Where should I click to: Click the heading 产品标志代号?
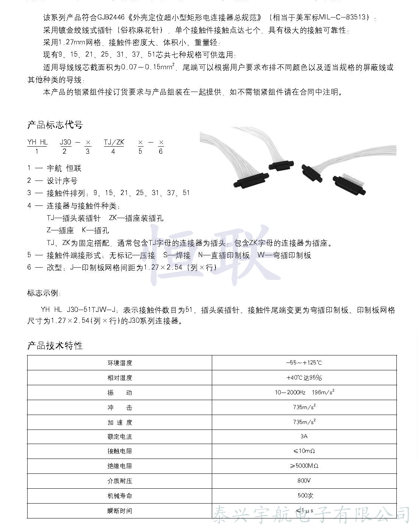(x=55, y=125)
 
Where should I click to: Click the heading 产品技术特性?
(x=55, y=346)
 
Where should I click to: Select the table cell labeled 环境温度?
(x=120, y=363)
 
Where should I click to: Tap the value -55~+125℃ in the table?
(x=304, y=363)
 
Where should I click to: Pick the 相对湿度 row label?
(x=120, y=378)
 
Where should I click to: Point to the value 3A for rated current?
(x=304, y=436)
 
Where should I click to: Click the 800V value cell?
(x=304, y=480)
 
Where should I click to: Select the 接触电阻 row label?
(x=120, y=451)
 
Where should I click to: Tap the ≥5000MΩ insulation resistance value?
(x=304, y=466)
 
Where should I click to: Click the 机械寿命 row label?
(x=120, y=496)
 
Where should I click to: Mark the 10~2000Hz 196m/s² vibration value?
(x=304, y=392)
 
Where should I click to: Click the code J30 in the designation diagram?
(x=65, y=142)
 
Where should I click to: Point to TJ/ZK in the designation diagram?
(x=114, y=142)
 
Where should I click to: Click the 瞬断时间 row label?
(x=120, y=511)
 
